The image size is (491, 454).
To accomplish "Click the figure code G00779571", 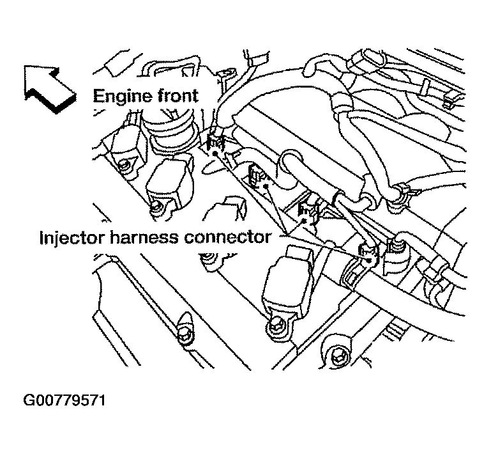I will (x=64, y=402).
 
